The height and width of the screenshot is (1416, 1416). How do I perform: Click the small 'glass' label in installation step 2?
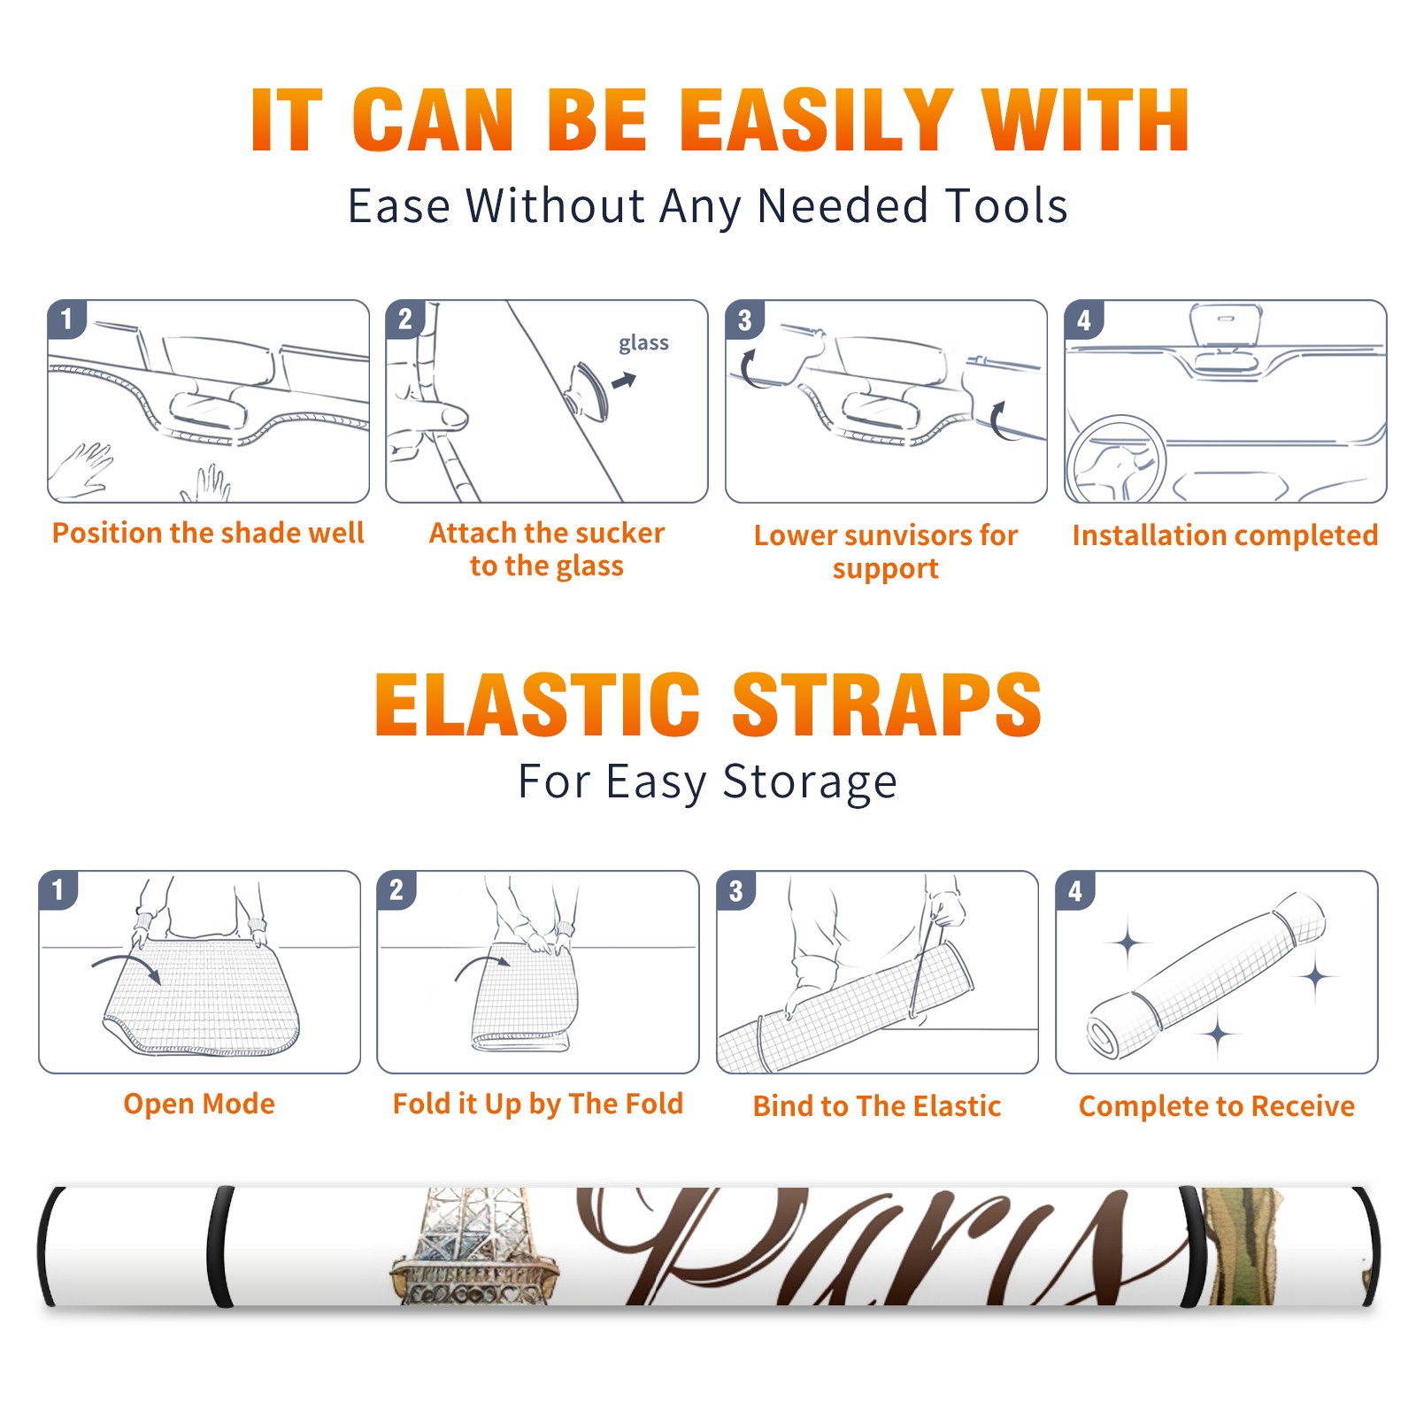coord(643,343)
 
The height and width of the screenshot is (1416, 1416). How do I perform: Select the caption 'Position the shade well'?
coord(208,533)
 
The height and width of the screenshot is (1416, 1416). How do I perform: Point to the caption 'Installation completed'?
coord(1225,535)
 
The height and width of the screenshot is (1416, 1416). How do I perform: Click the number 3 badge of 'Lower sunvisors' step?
coord(744,319)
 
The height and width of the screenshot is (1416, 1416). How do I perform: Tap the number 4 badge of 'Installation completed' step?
coord(1084,319)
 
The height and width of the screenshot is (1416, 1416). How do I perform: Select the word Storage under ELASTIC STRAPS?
coord(810,782)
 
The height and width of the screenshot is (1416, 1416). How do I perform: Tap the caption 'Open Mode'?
coord(199,1104)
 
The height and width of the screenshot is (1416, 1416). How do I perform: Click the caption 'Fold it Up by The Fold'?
coord(538,1104)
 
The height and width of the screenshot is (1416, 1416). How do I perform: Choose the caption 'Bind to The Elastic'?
coord(877,1106)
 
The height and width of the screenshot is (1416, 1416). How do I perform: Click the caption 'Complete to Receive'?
coord(1217,1106)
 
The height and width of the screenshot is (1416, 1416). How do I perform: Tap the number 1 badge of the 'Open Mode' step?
coord(58,889)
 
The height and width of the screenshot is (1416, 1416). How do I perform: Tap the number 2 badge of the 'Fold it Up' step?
coord(396,889)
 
